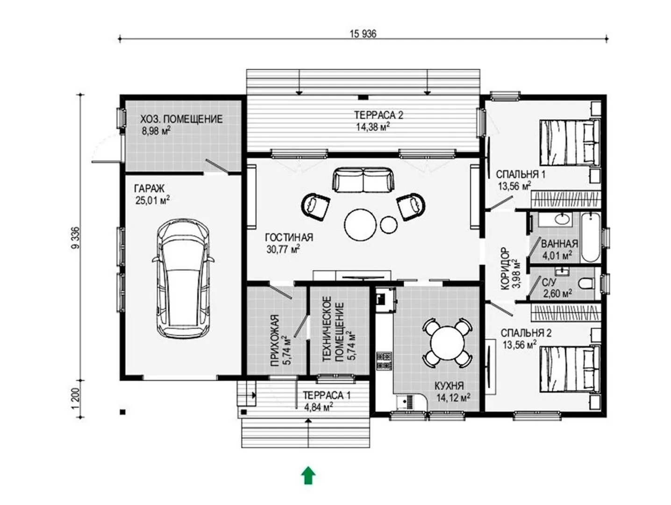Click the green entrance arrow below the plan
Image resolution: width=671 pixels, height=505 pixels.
pos(308,475)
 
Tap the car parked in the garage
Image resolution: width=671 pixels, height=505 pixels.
pos(183,278)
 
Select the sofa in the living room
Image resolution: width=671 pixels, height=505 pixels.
pos(363,180)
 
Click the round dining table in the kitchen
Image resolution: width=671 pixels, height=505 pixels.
pos(447,342)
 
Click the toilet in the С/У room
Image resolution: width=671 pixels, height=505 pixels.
pos(586,283)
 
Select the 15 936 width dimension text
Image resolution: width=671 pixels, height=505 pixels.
pos(363,34)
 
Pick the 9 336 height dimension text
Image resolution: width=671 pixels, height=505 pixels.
pos(76,238)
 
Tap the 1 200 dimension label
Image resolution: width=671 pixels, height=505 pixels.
pos(76,398)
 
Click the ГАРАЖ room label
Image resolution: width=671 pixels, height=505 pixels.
pos(149,188)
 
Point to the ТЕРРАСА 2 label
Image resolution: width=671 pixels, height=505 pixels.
pos(378,115)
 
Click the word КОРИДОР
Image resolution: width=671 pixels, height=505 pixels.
pos(506,268)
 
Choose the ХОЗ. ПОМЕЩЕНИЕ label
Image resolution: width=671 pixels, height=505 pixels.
pos(181,119)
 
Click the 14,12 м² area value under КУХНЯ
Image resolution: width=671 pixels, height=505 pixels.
pos(453,397)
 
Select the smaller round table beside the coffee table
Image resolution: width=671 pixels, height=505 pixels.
pos(389,224)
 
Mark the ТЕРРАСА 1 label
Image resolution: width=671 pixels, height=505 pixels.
pos(327,395)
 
